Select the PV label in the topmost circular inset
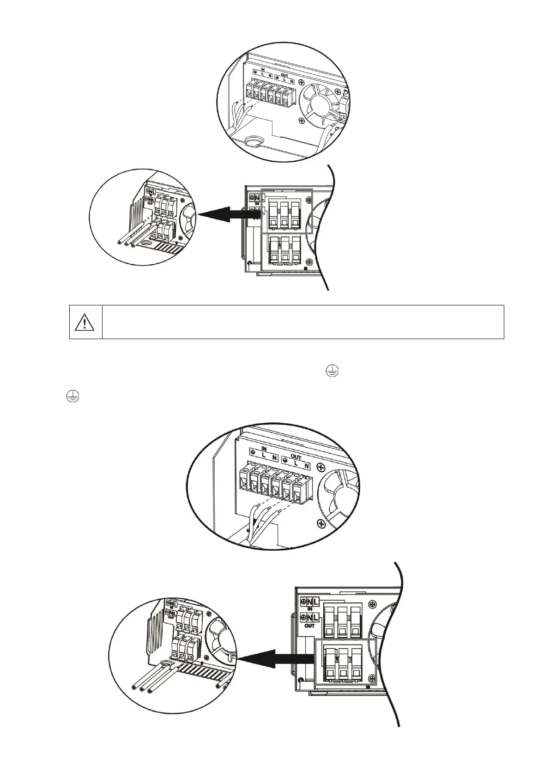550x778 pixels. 346,92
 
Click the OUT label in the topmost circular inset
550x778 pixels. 284,74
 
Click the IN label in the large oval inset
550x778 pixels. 264,448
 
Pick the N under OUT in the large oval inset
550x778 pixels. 306,463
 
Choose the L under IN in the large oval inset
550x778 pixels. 264,455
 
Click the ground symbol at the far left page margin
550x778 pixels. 73,395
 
